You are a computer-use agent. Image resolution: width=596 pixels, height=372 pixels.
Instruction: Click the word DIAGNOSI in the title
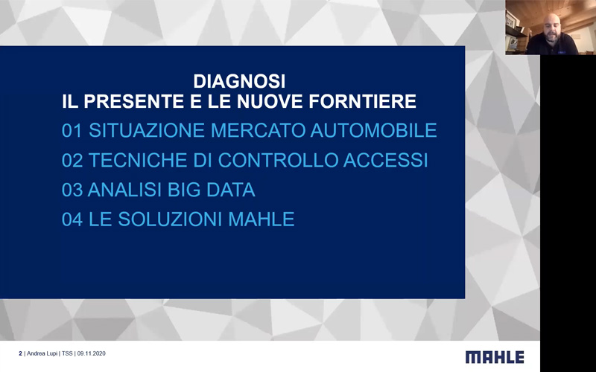click(x=239, y=81)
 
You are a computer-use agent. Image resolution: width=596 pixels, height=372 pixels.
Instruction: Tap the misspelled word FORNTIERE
click(x=363, y=101)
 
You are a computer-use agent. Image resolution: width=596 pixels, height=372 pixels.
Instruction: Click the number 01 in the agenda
click(x=72, y=131)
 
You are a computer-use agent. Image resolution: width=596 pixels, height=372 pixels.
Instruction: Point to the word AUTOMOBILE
click(x=374, y=131)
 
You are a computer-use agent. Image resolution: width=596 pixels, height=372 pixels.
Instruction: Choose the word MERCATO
click(x=258, y=131)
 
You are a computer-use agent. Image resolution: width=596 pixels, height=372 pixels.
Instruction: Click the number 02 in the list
click(x=72, y=160)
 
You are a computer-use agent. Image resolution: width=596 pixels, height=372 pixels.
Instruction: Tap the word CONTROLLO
click(x=278, y=160)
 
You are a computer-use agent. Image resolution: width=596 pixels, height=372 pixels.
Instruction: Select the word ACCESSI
click(x=385, y=160)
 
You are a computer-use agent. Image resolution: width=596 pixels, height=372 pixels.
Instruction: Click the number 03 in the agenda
click(x=72, y=190)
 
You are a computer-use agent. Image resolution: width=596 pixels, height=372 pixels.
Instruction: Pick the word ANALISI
click(x=125, y=190)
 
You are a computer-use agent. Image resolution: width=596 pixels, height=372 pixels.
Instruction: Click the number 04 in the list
click(x=72, y=219)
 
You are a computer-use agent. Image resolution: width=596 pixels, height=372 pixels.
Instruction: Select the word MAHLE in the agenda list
click(x=261, y=219)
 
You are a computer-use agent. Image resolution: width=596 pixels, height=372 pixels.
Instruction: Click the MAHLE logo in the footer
click(x=495, y=357)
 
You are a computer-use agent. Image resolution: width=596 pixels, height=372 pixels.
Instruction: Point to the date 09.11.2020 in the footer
click(x=91, y=353)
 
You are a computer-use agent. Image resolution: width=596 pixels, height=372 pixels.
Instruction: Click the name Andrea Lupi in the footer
click(x=42, y=353)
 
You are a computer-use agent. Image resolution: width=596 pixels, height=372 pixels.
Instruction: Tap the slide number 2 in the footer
click(x=21, y=353)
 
